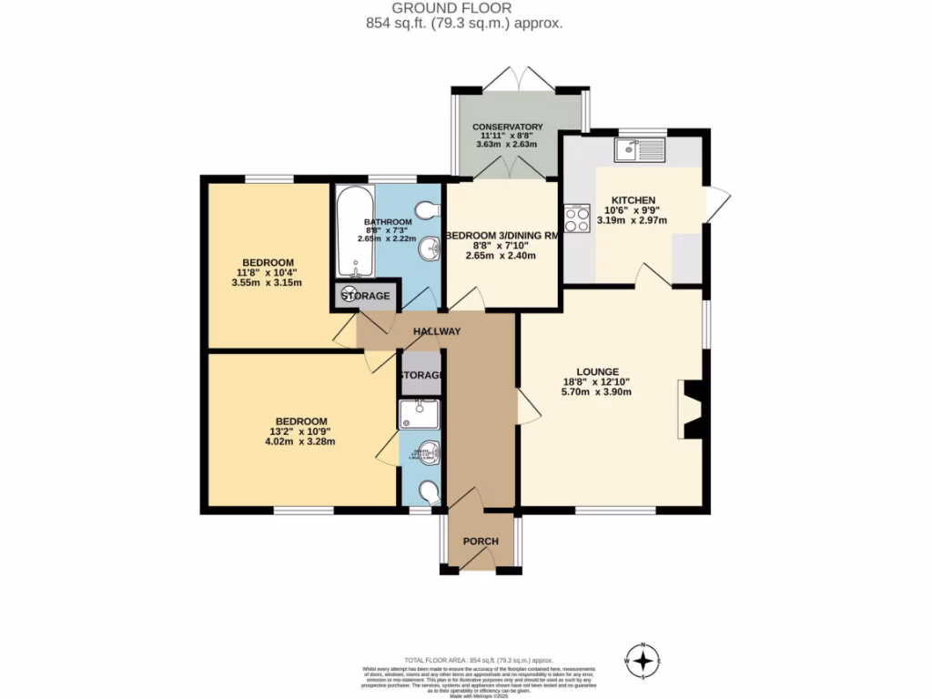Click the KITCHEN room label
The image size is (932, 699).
point(633,200)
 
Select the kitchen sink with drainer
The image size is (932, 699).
point(640,149)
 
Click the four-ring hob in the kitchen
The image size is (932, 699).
point(577,219)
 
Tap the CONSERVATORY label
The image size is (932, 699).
point(508,127)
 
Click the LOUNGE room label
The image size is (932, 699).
point(596,371)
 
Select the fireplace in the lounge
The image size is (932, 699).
point(694,410)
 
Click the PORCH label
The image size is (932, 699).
point(481,542)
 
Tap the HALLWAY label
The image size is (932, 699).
point(437,332)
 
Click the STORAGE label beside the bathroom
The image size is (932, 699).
point(365,297)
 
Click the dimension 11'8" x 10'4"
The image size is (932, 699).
point(267,272)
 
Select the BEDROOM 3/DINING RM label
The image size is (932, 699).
point(500,234)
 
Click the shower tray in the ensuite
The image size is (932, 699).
point(419,414)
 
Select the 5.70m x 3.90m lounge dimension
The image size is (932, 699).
point(596,392)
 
